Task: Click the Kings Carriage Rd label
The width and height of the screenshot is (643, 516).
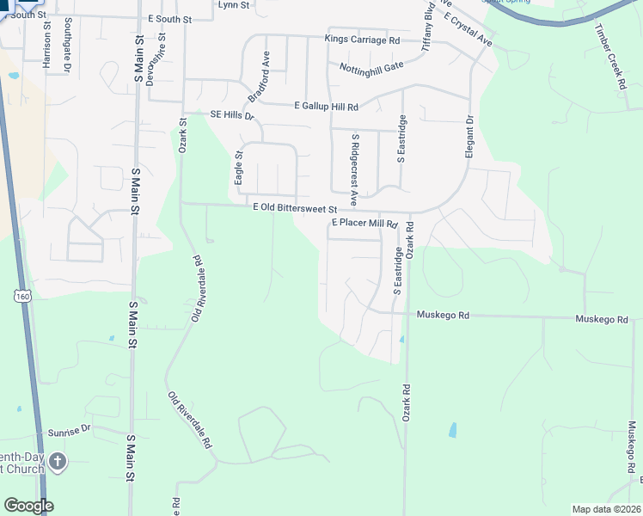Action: [362, 40]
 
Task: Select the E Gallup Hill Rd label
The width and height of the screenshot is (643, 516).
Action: [325, 106]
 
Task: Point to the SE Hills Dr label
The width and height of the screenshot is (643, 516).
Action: [232, 115]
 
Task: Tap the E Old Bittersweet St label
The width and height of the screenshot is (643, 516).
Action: [292, 208]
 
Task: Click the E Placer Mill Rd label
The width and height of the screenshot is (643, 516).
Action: [364, 224]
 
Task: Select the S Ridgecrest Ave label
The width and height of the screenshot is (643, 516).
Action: [353, 163]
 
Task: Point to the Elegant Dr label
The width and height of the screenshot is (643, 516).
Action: [470, 131]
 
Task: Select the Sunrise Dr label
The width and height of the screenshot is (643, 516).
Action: [69, 428]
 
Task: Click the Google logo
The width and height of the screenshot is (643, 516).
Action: [28, 506]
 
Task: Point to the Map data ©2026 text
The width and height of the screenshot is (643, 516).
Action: [606, 509]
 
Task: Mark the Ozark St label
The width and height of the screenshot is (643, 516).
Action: [182, 136]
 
